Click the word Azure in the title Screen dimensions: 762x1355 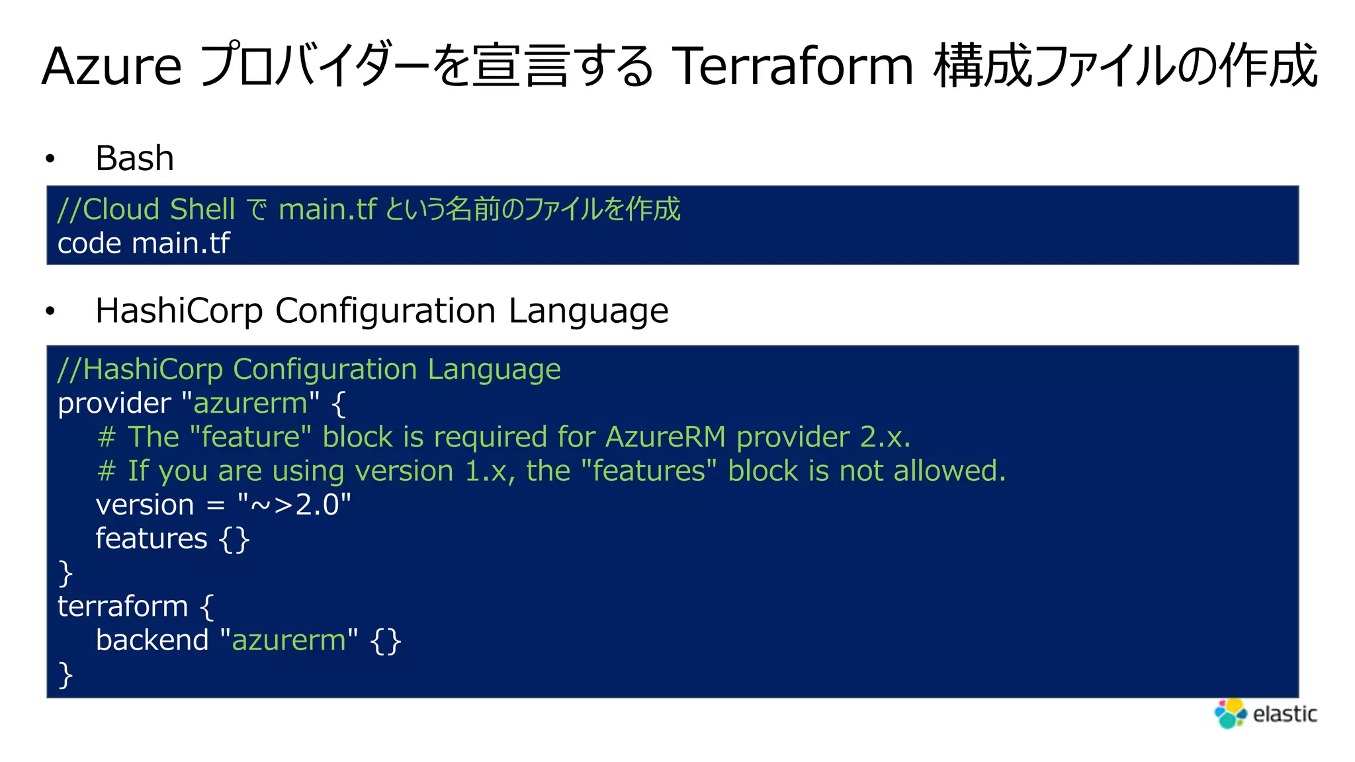111,66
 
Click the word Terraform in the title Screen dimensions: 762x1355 792,66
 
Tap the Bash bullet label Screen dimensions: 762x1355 134,158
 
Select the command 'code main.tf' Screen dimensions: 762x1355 144,243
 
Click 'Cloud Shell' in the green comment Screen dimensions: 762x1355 159,210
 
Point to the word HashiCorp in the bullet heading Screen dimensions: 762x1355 179,311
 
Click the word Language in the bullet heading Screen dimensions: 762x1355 588,311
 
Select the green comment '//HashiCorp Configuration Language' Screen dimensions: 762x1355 309,369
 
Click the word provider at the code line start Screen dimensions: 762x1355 114,403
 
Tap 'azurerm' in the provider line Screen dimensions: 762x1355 250,403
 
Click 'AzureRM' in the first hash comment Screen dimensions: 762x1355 665,437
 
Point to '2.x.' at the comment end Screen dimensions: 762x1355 885,437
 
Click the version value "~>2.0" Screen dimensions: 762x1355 294,505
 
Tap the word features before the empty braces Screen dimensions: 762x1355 152,538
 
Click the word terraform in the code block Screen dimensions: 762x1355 123,607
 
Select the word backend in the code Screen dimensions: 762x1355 152,640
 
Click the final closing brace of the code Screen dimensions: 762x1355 65,675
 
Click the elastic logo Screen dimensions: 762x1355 1265,714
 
